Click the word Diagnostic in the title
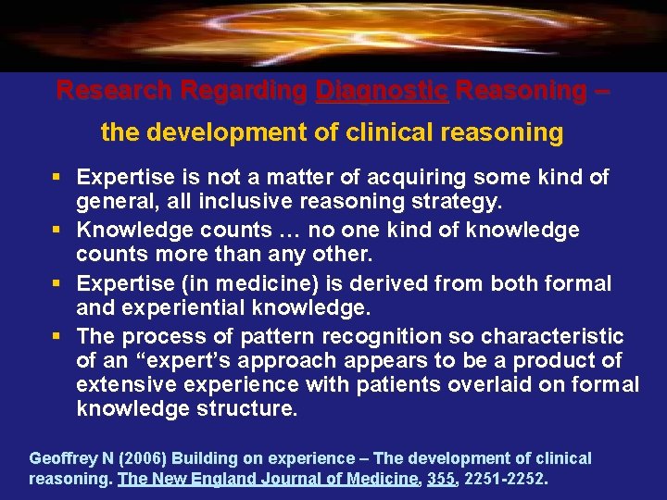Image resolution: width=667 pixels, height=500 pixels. [x=382, y=91]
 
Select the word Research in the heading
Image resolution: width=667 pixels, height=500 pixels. [x=114, y=91]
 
